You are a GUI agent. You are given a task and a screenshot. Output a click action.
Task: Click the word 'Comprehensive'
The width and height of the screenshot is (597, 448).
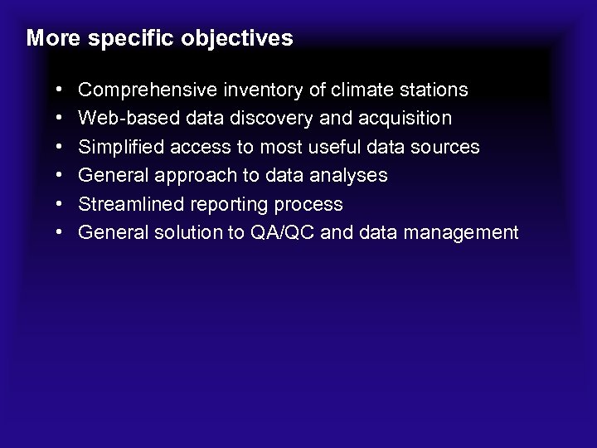point(146,90)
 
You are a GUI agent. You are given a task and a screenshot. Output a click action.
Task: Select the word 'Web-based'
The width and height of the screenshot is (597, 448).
point(119,119)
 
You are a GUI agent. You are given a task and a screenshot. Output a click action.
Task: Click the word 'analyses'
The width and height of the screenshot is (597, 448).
point(351,176)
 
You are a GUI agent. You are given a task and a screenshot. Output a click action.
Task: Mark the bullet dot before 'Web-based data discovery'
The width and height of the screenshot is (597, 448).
point(64,119)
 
